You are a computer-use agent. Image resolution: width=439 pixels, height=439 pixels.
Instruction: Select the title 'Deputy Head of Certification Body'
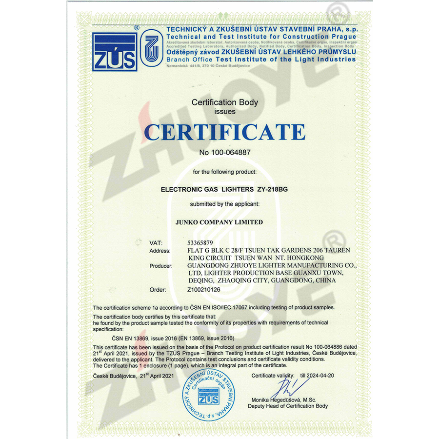[x=288, y=406]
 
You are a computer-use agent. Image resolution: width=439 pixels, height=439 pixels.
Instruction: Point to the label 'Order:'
[x=157, y=289]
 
